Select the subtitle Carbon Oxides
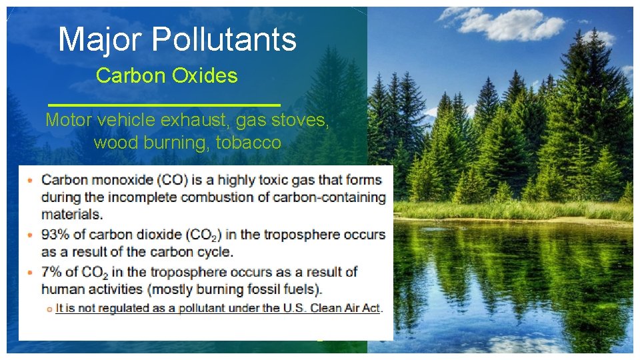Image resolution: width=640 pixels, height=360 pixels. [167, 76]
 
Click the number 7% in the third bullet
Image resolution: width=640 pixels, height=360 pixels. [51, 272]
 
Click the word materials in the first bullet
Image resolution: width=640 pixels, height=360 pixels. [72, 215]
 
